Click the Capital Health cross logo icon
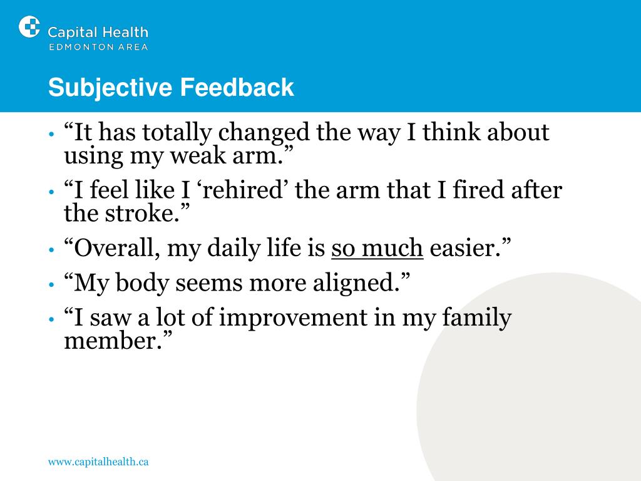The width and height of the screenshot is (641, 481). pyautogui.click(x=29, y=27)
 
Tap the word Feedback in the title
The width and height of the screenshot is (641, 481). pyautogui.click(x=237, y=87)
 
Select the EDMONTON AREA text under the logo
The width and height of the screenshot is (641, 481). pyautogui.click(x=98, y=47)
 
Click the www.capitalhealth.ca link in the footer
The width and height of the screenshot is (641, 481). pyautogui.click(x=98, y=462)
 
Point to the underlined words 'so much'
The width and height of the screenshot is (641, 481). pyautogui.click(x=377, y=248)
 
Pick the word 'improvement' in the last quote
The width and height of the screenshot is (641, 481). pyautogui.click(x=293, y=318)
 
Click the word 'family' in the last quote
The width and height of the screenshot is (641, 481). pyautogui.click(x=476, y=318)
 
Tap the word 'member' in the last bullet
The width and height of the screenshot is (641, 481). pyautogui.click(x=110, y=341)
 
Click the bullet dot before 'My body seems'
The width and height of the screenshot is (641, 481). pyautogui.click(x=51, y=284)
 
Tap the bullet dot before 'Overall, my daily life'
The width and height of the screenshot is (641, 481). pyautogui.click(x=51, y=249)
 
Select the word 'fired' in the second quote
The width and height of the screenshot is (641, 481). pyautogui.click(x=478, y=190)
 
